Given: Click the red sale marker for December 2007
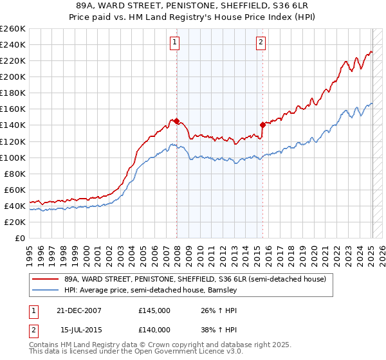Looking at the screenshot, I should (x=176, y=121).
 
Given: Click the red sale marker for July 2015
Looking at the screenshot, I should (x=262, y=125).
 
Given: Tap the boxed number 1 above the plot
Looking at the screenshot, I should (x=175, y=43).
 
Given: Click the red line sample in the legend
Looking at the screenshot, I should (x=45, y=280).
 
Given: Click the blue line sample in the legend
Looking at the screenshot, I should (x=45, y=291).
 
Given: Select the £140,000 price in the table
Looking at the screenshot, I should (x=154, y=330).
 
